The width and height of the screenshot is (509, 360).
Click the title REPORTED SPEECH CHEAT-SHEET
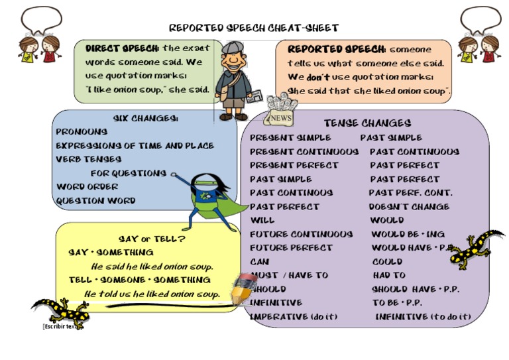254,28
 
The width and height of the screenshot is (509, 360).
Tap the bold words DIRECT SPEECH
123,48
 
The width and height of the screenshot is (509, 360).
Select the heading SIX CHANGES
145,118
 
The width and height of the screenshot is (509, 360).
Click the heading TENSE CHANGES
367,123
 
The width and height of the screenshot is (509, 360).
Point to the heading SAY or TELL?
152,239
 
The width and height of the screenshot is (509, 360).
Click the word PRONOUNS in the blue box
82,132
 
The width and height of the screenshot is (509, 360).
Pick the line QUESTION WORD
95,201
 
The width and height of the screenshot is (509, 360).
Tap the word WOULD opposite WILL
386,220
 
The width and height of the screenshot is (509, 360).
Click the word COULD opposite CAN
387,262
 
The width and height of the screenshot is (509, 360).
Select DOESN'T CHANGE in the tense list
409,207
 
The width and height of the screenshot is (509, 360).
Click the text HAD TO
389,275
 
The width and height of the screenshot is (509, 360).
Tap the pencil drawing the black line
243,286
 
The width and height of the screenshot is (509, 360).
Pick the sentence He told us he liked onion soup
152,294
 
